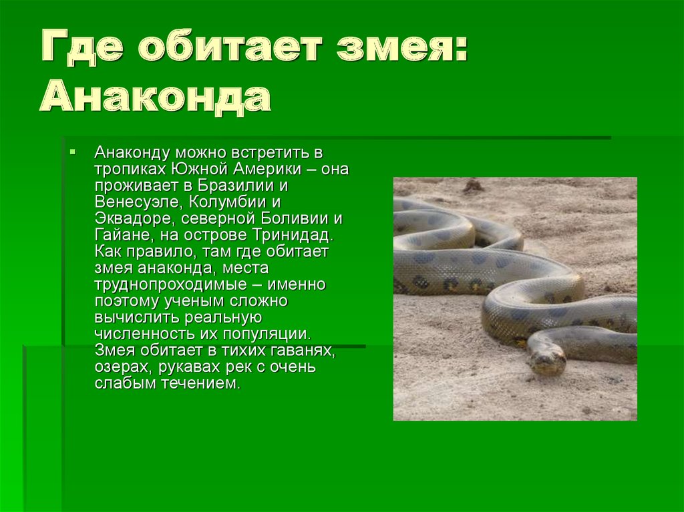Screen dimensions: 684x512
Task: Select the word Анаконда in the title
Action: pos(155,97)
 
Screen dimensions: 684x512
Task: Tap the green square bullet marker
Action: pos(72,152)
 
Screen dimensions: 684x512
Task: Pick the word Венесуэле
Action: pos(136,202)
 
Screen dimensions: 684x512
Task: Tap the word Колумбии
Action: pos(228,202)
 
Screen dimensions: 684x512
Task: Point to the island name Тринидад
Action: pos(293,236)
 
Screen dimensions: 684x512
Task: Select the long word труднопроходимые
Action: pos(171,285)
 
